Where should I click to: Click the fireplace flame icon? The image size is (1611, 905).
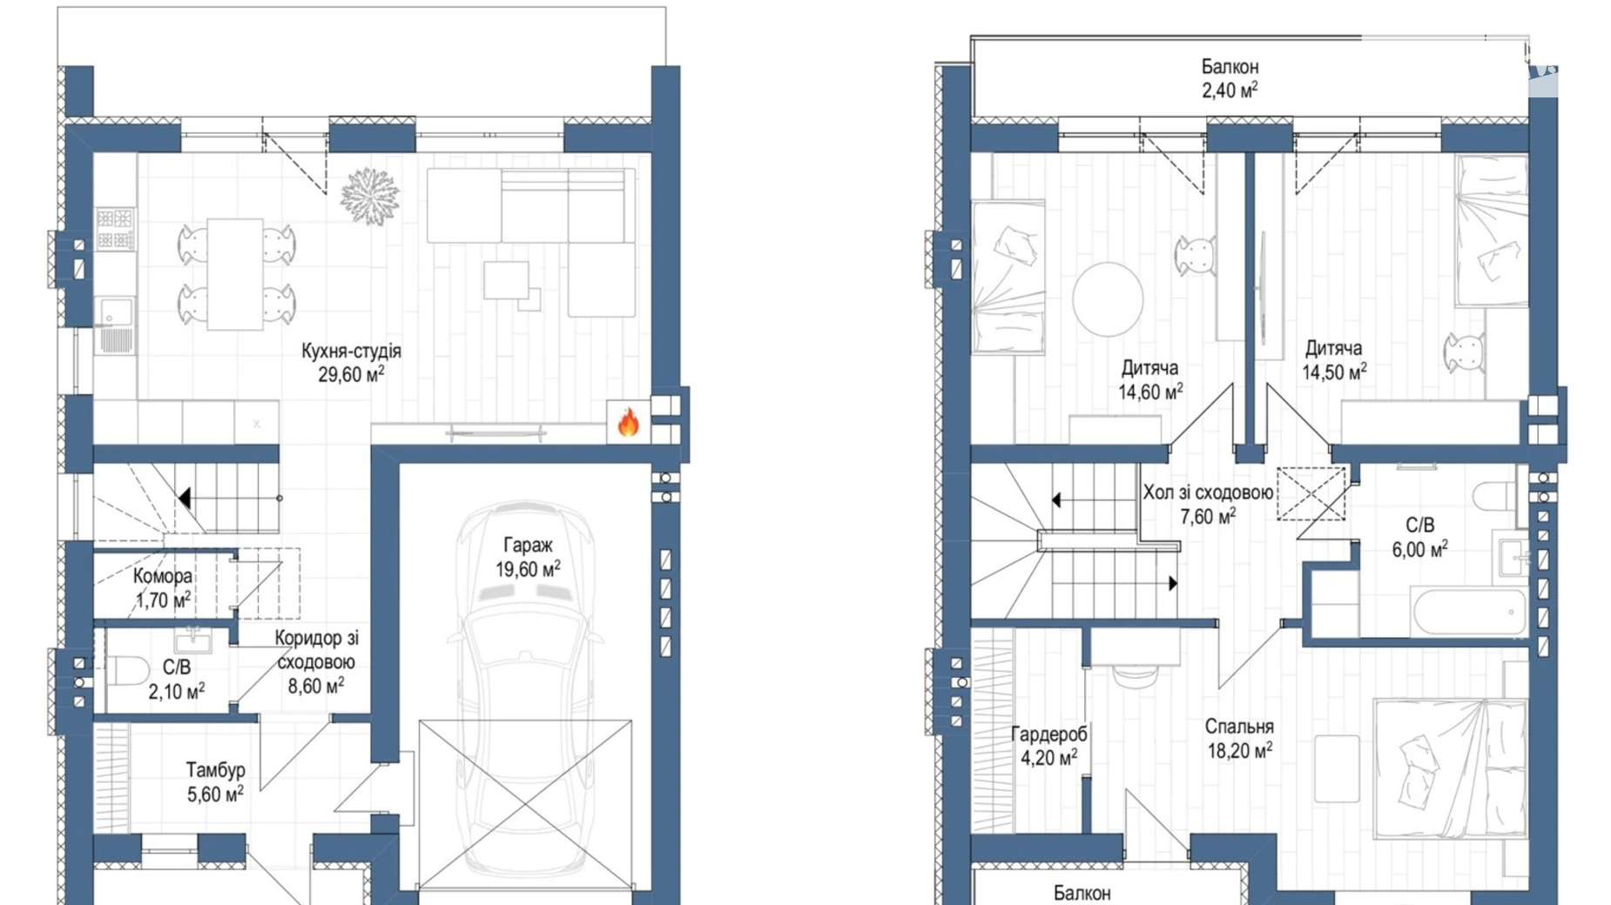coord(628,422)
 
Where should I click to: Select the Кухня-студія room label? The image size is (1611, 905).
coord(351,351)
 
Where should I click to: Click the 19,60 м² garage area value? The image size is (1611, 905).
coord(528,569)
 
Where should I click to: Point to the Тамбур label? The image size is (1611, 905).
coord(215,770)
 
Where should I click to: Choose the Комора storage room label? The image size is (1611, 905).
coord(163,576)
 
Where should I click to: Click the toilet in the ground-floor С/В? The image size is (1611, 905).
coord(128,671)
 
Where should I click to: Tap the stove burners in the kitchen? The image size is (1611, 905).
coord(115,228)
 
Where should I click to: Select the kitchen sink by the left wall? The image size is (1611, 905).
coord(115,311)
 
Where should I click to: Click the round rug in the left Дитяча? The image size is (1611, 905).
coord(1108,298)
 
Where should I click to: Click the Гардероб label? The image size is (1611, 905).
coord(1048,734)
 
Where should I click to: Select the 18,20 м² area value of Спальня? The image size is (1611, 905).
coord(1239,750)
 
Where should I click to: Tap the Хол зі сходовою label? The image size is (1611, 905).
coord(1208,493)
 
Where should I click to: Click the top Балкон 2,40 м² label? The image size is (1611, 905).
coord(1230,78)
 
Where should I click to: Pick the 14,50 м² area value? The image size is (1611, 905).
coord(1334,372)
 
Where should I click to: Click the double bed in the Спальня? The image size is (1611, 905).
coord(1450,768)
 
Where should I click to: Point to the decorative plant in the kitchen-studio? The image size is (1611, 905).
coord(370,196)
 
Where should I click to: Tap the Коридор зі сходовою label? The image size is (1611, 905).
coord(316,650)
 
